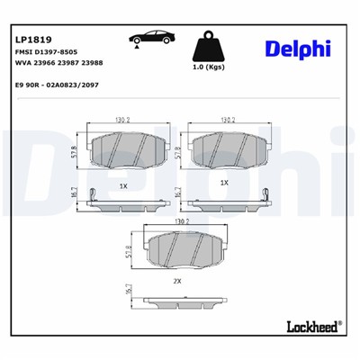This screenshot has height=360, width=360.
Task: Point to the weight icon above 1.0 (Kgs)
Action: tap(209, 44)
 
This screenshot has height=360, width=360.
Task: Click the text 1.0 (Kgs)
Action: tap(209, 68)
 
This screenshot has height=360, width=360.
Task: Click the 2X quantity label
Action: tap(176, 281)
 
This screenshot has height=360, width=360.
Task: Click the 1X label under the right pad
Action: tap(224, 183)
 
